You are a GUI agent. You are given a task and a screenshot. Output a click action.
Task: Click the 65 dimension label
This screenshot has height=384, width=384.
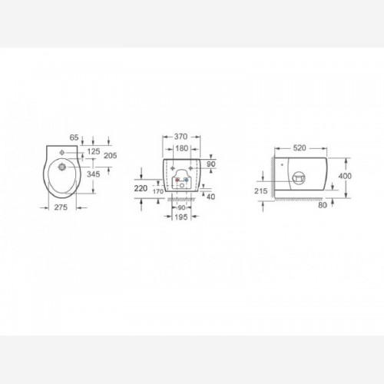point(74,137)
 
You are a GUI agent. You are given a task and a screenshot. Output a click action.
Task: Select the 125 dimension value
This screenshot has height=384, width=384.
point(94,151)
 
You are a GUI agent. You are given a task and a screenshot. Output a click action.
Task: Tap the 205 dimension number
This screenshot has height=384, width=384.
point(111,155)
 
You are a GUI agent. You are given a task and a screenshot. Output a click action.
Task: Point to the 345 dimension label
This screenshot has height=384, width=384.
point(94,174)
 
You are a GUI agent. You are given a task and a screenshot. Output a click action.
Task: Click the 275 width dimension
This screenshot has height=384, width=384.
point(61,207)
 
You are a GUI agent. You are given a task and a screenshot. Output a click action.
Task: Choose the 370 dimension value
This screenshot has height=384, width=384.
point(181,137)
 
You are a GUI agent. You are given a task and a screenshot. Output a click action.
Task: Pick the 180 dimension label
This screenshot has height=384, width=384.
point(182,148)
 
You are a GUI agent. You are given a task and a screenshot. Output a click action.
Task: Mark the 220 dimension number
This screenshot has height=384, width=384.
point(141,188)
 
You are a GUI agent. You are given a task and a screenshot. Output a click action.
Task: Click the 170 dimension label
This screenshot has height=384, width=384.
point(158,191)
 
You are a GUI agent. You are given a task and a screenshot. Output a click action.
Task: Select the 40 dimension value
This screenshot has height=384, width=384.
point(211,197)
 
